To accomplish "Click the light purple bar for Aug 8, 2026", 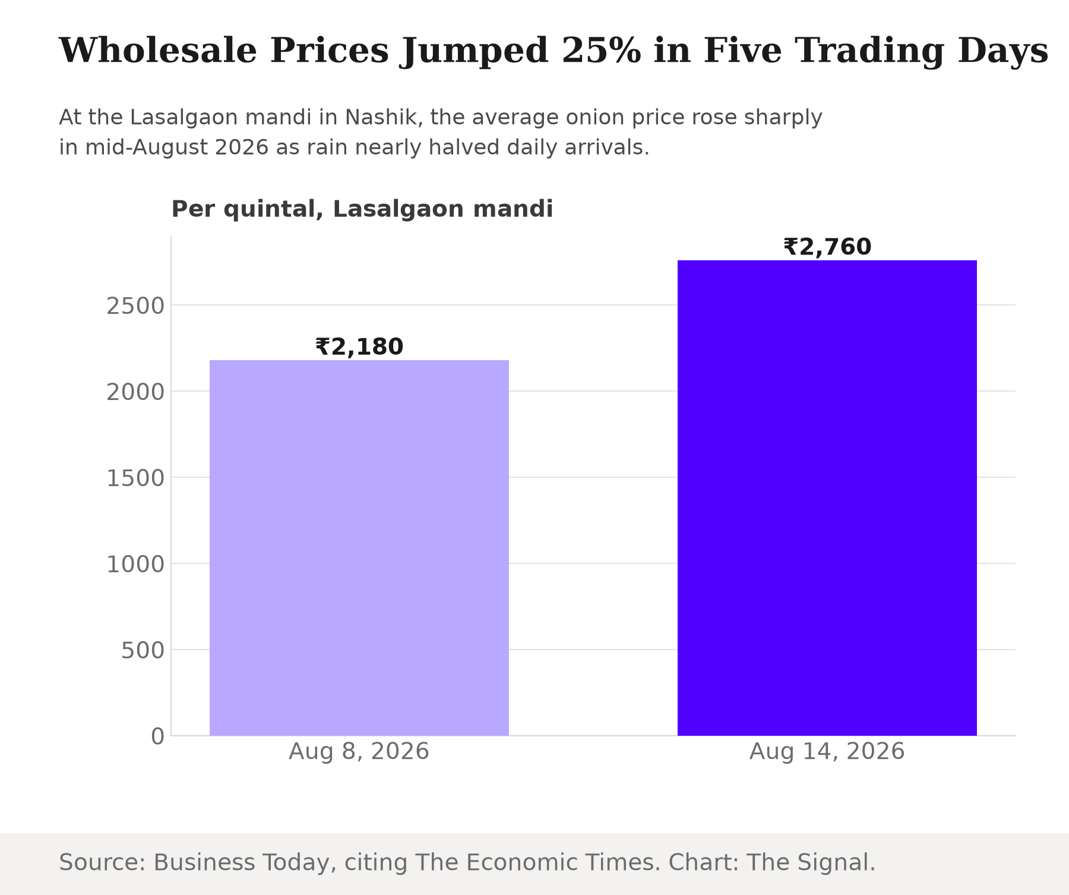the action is click(x=359, y=548).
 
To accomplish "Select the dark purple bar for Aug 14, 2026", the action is click(x=827, y=498).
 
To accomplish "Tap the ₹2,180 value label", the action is click(x=359, y=347).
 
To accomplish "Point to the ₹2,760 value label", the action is click(x=827, y=247).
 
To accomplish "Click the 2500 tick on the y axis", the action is click(x=135, y=306).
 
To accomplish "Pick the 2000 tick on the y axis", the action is click(x=135, y=392).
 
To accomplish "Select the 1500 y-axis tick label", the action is click(x=135, y=478).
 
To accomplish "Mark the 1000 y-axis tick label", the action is click(x=135, y=565).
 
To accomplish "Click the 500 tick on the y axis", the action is click(x=143, y=651).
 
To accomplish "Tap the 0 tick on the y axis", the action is click(x=157, y=737).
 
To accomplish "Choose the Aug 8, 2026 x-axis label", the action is click(x=359, y=752).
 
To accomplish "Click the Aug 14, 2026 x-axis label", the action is click(x=827, y=752).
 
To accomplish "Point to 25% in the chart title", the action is click(x=601, y=51).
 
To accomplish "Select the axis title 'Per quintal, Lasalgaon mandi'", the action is click(x=362, y=209).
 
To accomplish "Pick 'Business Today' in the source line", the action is click(x=241, y=862).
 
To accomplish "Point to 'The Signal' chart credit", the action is click(x=808, y=862).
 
